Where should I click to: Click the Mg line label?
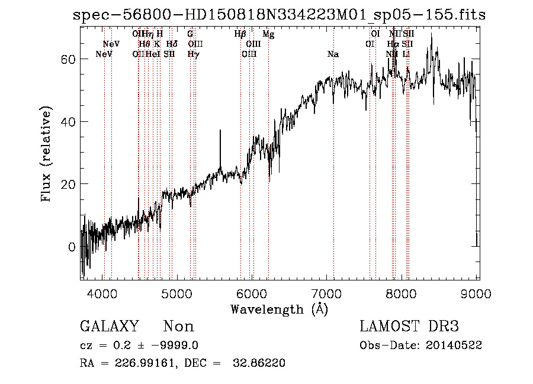(x=268, y=35)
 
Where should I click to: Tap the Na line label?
(x=333, y=54)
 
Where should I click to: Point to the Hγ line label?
(x=193, y=54)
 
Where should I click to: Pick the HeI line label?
(x=152, y=54)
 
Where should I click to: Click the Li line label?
(x=406, y=54)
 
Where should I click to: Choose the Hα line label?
(x=393, y=44)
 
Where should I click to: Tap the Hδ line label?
(x=172, y=44)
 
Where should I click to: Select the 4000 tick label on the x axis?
(x=102, y=293)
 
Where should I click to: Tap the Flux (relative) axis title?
(x=46, y=153)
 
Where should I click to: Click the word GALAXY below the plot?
(x=109, y=327)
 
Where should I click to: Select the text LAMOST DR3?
(x=409, y=327)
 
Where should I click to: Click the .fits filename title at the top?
(x=278, y=15)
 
